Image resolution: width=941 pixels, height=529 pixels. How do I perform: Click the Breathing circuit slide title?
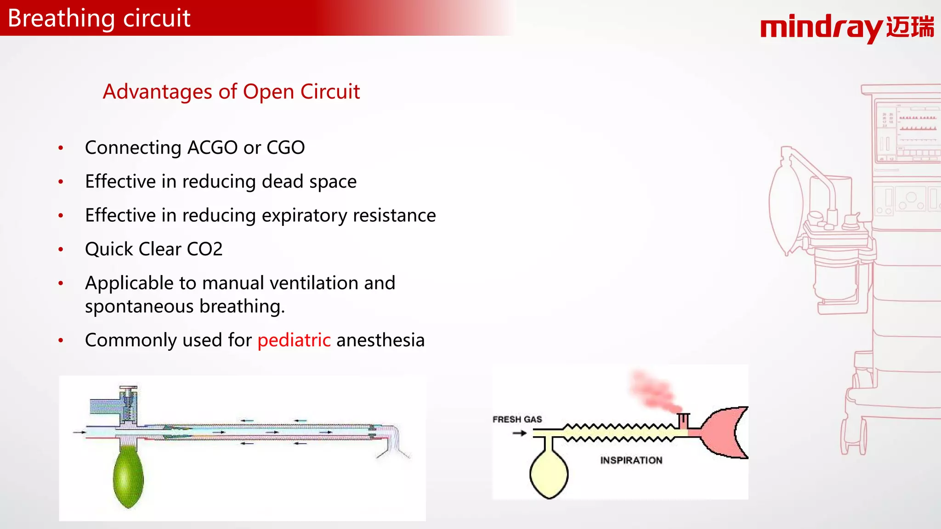(99, 18)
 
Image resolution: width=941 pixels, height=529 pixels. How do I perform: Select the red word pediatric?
(294, 340)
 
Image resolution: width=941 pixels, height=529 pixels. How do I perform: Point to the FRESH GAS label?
(517, 419)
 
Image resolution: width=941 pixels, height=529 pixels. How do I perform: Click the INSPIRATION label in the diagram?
(631, 460)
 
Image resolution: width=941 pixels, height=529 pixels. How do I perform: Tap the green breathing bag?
(128, 478)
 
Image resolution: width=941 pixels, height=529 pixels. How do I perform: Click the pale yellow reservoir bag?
(549, 474)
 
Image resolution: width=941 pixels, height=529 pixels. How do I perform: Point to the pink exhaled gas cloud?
(652, 390)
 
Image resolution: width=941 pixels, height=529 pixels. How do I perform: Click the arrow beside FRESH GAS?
(520, 433)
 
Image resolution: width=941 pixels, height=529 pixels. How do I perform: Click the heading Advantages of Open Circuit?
(231, 92)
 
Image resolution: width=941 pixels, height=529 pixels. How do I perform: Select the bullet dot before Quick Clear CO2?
(61, 249)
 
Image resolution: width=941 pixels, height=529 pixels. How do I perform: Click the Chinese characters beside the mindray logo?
(910, 27)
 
